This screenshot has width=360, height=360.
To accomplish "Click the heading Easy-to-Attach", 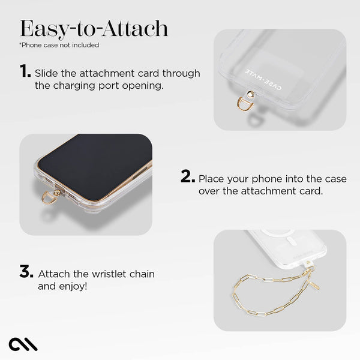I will [x=94, y=28].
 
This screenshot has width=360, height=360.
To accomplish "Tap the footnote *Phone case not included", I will [x=59, y=45].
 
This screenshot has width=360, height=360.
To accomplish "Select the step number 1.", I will [x=25, y=72].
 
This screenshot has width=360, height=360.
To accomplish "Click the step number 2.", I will [x=188, y=177].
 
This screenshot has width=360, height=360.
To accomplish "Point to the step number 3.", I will [x=26, y=272].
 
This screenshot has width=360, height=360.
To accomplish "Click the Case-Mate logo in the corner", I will [x=23, y=344].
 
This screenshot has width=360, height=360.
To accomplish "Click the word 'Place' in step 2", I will [x=211, y=179].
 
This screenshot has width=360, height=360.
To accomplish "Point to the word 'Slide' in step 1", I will [x=46, y=73].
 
